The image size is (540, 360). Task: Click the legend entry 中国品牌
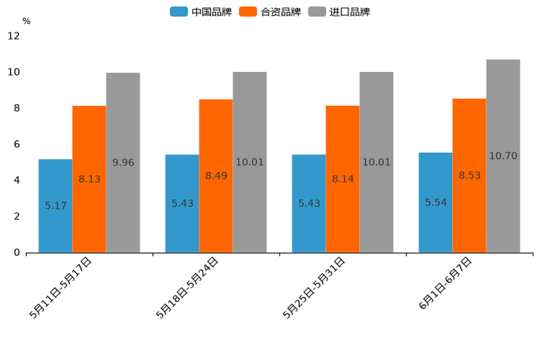click(201, 12)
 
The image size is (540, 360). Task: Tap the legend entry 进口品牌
click(339, 12)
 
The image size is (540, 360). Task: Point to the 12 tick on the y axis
click(14, 36)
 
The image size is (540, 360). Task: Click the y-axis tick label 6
click(16, 144)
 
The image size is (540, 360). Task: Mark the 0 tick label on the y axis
click(16, 253)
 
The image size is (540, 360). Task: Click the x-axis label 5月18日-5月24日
click(187, 288)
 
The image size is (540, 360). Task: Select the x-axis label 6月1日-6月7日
click(445, 285)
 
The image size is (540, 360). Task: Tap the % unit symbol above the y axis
click(26, 21)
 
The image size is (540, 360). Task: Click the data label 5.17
click(56, 206)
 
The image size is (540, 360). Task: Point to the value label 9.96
click(123, 163)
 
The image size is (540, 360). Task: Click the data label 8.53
click(470, 175)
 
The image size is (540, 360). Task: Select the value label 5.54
click(435, 202)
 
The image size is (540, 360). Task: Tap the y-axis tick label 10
click(14, 72)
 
